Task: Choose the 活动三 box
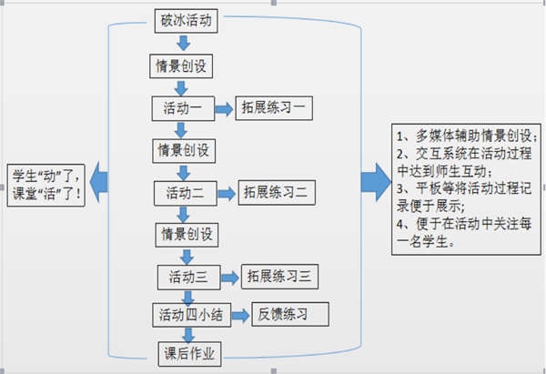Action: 189,276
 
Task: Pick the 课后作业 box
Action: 188,352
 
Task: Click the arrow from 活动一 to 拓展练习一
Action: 224,109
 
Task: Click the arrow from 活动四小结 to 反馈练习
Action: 239,316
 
